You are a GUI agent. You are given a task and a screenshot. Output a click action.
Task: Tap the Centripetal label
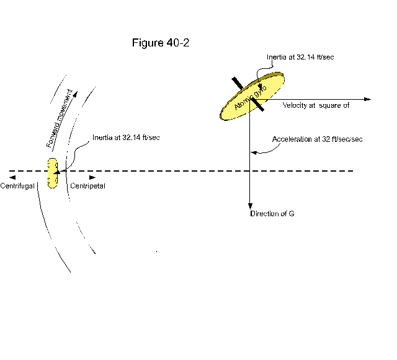tap(87, 186)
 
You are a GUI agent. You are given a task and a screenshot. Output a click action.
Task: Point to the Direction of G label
tap(272, 214)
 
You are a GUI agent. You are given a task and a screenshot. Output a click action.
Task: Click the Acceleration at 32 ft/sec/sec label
tap(318, 139)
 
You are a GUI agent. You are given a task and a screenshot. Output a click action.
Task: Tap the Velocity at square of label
tap(316, 105)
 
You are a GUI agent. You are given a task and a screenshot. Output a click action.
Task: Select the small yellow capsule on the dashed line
tap(53, 172)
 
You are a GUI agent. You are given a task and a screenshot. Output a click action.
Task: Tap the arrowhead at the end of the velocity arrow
tap(367, 99)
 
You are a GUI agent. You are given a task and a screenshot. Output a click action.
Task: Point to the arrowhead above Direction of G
tap(250, 206)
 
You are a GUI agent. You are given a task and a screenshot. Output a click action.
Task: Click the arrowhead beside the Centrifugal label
tap(12, 178)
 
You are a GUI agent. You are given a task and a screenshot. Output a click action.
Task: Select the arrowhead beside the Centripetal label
tap(92, 178)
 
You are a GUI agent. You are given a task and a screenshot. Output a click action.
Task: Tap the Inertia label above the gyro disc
tap(301, 57)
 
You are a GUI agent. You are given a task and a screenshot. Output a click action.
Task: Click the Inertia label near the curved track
tap(127, 137)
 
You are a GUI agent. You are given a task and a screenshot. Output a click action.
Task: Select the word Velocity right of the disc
tap(295, 105)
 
